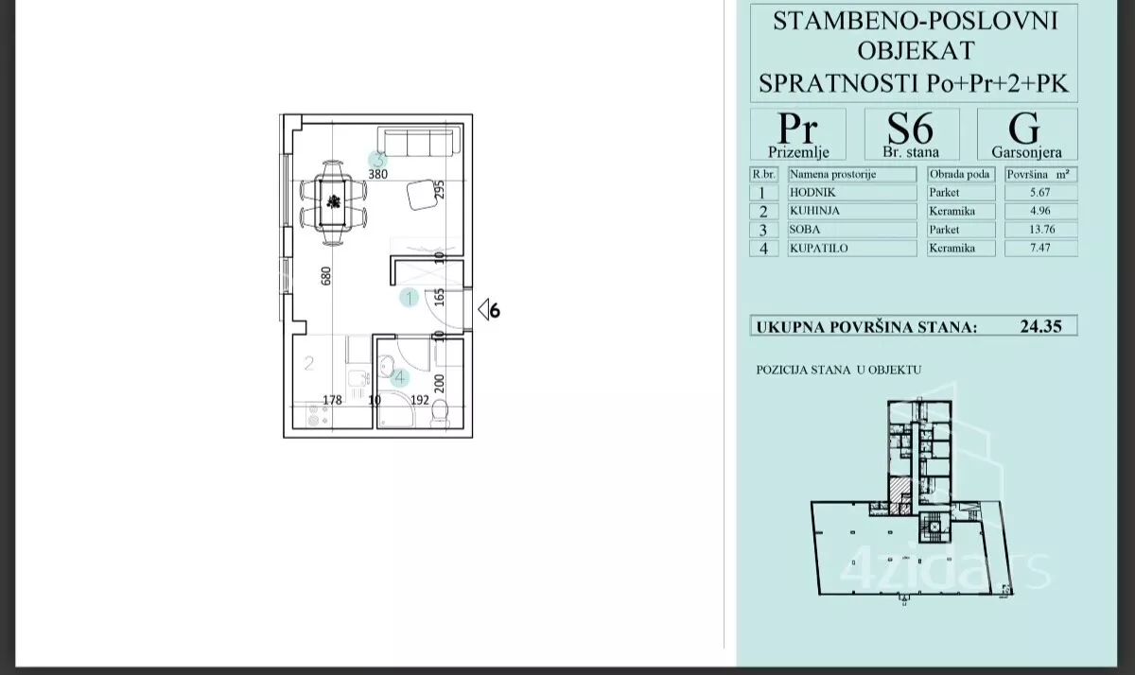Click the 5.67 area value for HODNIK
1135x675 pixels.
[x=1039, y=193]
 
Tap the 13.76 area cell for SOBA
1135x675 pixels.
[x=1041, y=230]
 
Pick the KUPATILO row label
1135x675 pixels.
[x=818, y=248]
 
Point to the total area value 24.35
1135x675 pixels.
[x=1040, y=326]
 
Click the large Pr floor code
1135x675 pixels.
[x=797, y=129]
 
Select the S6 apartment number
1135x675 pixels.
[x=910, y=129]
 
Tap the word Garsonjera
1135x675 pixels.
[x=1026, y=152]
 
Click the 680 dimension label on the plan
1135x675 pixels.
[x=325, y=276]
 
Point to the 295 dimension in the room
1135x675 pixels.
[x=439, y=189]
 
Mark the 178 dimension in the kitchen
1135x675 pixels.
[x=332, y=400]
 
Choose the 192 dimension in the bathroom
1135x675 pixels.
[x=420, y=400]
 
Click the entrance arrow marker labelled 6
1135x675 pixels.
[x=488, y=310]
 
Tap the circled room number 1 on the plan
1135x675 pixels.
[x=409, y=298]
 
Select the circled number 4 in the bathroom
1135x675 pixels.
[x=400, y=377]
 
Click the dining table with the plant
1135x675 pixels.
[x=333, y=202]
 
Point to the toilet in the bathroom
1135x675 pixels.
[x=441, y=414]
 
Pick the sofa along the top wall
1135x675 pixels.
[x=419, y=141]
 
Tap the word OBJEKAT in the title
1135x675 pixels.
[x=916, y=51]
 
